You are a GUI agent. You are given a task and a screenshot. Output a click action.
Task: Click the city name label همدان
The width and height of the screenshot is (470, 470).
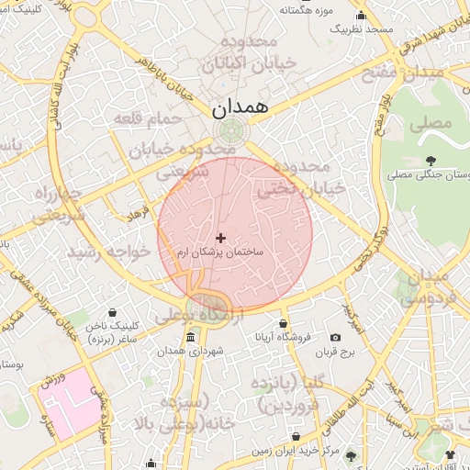(243, 106)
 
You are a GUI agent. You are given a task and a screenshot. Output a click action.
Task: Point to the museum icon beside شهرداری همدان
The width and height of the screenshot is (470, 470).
(189, 338)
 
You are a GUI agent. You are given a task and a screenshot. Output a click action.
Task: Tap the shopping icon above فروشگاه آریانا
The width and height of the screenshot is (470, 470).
(283, 323)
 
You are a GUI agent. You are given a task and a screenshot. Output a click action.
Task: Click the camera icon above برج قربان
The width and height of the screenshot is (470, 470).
(336, 337)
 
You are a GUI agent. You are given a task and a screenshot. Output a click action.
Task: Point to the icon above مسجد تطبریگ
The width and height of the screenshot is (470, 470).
(361, 16)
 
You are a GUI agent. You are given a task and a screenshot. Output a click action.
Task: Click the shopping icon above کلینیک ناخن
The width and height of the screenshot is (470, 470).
(113, 313)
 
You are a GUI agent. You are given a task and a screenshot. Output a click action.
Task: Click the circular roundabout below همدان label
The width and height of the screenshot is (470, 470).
(231, 130)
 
